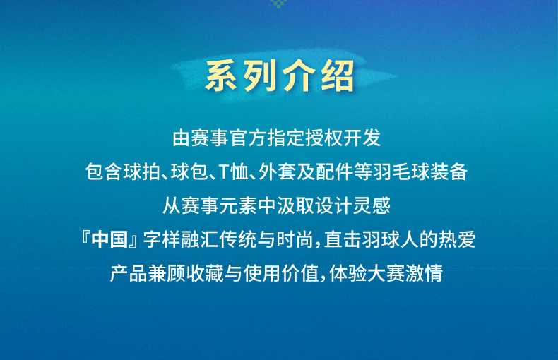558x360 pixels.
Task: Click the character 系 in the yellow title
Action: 221,76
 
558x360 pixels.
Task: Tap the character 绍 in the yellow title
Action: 338,76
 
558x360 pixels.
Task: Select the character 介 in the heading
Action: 299,76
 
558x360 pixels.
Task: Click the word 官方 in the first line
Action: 248,138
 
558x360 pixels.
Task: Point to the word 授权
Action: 323,138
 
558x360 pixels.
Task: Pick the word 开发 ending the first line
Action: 362,138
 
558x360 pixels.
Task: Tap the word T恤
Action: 234,172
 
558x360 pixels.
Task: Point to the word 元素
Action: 238,205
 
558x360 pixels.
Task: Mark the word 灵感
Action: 372,205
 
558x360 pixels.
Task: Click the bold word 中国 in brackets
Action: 109,239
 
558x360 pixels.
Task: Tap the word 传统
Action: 238,239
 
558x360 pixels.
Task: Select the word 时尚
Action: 295,239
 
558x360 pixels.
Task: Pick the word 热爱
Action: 457,239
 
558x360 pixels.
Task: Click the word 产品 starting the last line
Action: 129,273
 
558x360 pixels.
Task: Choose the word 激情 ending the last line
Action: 425,273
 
